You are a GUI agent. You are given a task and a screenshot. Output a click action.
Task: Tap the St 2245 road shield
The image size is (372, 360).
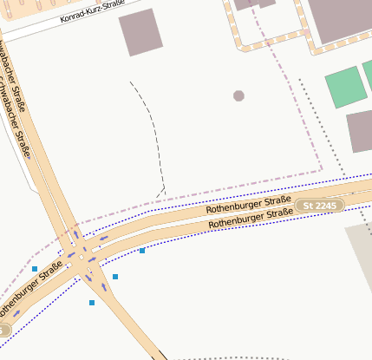click(320, 205)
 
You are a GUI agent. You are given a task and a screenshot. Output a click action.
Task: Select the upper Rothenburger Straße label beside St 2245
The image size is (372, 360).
click(248, 203)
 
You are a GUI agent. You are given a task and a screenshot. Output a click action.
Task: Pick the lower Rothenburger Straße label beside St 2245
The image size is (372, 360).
click(250, 218)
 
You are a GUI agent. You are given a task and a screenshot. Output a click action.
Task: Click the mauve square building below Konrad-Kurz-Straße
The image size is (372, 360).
click(140, 32)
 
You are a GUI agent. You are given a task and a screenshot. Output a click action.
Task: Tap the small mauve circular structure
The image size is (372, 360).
click(238, 95)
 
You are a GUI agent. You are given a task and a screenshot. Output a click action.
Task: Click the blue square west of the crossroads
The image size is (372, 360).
click(35, 269)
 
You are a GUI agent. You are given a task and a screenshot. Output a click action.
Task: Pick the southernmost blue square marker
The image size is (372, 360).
click(92, 303)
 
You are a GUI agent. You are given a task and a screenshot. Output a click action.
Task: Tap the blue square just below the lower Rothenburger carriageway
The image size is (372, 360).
click(142, 251)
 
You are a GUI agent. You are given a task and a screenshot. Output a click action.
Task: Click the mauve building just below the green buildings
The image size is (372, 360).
click(361, 131)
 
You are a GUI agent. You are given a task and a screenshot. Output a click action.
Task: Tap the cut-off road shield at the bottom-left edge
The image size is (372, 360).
click(3, 331)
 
